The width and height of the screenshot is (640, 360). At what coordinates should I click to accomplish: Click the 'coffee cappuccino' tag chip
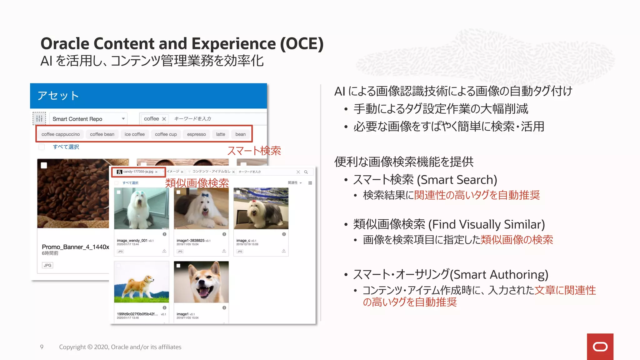[61, 134]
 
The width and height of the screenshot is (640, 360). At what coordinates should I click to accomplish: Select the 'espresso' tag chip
[196, 134]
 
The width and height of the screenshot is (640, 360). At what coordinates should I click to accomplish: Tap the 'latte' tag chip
[220, 134]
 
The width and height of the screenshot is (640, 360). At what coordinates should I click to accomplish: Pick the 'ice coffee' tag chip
[134, 134]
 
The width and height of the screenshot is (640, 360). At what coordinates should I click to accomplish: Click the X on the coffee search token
[164, 119]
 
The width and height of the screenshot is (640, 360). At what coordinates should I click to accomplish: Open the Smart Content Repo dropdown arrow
[123, 119]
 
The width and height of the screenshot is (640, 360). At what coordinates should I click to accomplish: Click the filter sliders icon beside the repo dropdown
[39, 118]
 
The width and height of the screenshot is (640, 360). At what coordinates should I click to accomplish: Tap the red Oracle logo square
[600, 347]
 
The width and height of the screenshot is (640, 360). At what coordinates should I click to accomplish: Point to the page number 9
[42, 347]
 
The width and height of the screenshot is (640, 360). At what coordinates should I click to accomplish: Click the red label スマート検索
[254, 151]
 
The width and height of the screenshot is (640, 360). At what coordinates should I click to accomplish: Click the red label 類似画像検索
[197, 183]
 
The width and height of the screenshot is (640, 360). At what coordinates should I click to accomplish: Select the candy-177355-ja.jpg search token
[138, 172]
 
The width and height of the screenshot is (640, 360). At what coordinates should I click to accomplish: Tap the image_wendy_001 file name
[132, 241]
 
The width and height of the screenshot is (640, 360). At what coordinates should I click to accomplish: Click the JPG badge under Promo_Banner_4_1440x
[47, 265]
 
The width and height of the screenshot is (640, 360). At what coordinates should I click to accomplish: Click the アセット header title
[58, 96]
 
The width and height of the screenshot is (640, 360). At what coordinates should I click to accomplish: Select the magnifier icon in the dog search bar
[306, 172]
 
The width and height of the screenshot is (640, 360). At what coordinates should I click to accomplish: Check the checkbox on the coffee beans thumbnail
[44, 165]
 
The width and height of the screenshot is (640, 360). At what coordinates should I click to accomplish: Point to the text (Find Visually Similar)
[487, 225]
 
